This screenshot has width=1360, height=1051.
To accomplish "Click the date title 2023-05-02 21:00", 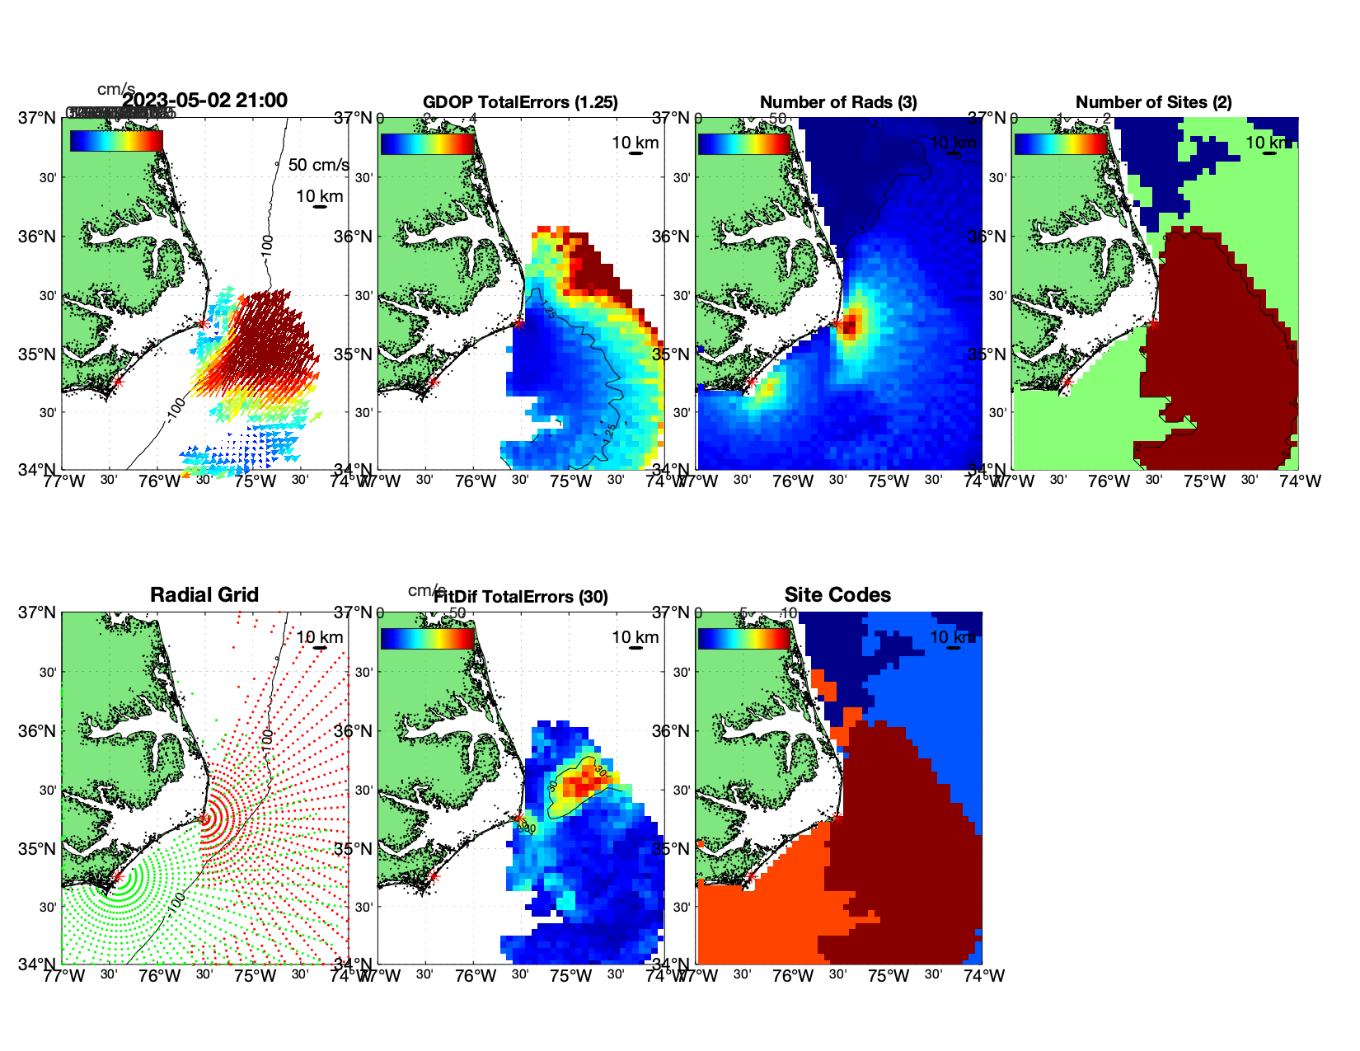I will [x=204, y=101].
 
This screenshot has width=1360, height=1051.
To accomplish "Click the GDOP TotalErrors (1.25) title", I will [x=520, y=102].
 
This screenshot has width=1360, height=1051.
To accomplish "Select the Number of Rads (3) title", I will [x=838, y=102].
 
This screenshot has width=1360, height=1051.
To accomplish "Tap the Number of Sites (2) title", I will [x=1153, y=102].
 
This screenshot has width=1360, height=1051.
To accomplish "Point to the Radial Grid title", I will [x=204, y=595].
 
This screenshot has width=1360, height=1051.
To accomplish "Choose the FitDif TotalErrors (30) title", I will [x=520, y=597].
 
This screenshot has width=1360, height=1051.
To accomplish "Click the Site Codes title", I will [x=837, y=595].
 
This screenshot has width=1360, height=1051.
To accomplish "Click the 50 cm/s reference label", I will [x=318, y=165].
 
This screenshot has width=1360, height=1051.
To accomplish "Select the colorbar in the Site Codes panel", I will [x=743, y=638].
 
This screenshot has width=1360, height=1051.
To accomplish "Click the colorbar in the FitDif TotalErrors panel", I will [x=427, y=638].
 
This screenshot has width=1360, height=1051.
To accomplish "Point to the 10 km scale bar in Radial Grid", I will [x=320, y=648].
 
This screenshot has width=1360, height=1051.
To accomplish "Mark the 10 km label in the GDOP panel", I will [x=635, y=143].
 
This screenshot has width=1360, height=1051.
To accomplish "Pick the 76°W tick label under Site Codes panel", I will [x=793, y=976].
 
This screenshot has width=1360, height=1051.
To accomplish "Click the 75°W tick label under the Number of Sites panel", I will [x=1204, y=481].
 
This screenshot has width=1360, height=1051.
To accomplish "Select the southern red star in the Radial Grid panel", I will [x=117, y=877].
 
